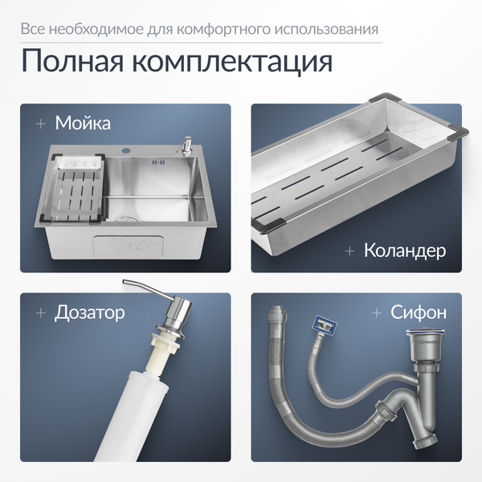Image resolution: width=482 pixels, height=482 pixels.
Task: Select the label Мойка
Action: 83,124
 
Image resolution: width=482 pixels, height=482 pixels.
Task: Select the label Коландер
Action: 405,251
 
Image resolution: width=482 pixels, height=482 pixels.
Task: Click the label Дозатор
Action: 89,312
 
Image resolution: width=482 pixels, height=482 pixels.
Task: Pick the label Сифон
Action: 419,312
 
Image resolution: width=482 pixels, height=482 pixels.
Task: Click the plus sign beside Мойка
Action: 40,125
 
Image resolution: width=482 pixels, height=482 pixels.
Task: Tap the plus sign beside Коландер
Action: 349,251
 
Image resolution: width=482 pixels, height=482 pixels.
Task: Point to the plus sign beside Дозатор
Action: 40,312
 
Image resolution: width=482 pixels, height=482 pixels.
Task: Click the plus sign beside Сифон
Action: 377,312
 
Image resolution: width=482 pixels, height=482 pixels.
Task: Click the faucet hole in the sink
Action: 127,152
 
